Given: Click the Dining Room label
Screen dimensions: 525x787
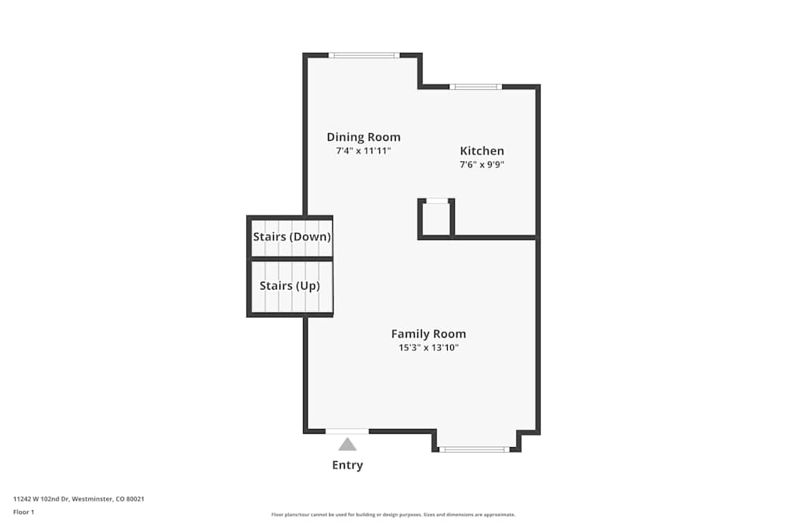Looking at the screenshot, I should [364, 137].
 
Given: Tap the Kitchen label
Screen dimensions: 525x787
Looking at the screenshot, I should [482, 151].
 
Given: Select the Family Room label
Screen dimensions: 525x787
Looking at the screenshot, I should [428, 334].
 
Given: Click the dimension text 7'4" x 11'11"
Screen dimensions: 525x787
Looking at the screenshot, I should [364, 150].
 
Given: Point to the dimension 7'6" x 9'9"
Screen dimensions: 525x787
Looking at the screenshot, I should [482, 165].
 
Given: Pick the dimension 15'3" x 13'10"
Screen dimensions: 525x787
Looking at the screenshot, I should [428, 347].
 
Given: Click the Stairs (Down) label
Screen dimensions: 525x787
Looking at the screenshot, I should [291, 237].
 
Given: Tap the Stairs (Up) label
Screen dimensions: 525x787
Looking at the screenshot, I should [290, 286].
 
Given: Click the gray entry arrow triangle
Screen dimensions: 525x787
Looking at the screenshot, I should [347, 445].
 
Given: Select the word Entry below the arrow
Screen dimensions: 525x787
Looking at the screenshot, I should [347, 465].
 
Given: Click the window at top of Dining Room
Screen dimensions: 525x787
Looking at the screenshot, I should [364, 55].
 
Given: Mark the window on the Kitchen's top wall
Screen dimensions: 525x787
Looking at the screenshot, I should [475, 87].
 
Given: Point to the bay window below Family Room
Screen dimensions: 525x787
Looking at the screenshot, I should [474, 449].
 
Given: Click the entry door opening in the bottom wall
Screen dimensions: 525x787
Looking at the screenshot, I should [347, 431].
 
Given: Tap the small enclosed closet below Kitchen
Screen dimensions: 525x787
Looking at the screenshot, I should [436, 218].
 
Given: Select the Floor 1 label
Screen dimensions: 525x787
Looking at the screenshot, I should [24, 512].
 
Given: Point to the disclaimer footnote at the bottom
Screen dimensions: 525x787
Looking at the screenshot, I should [393, 515].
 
